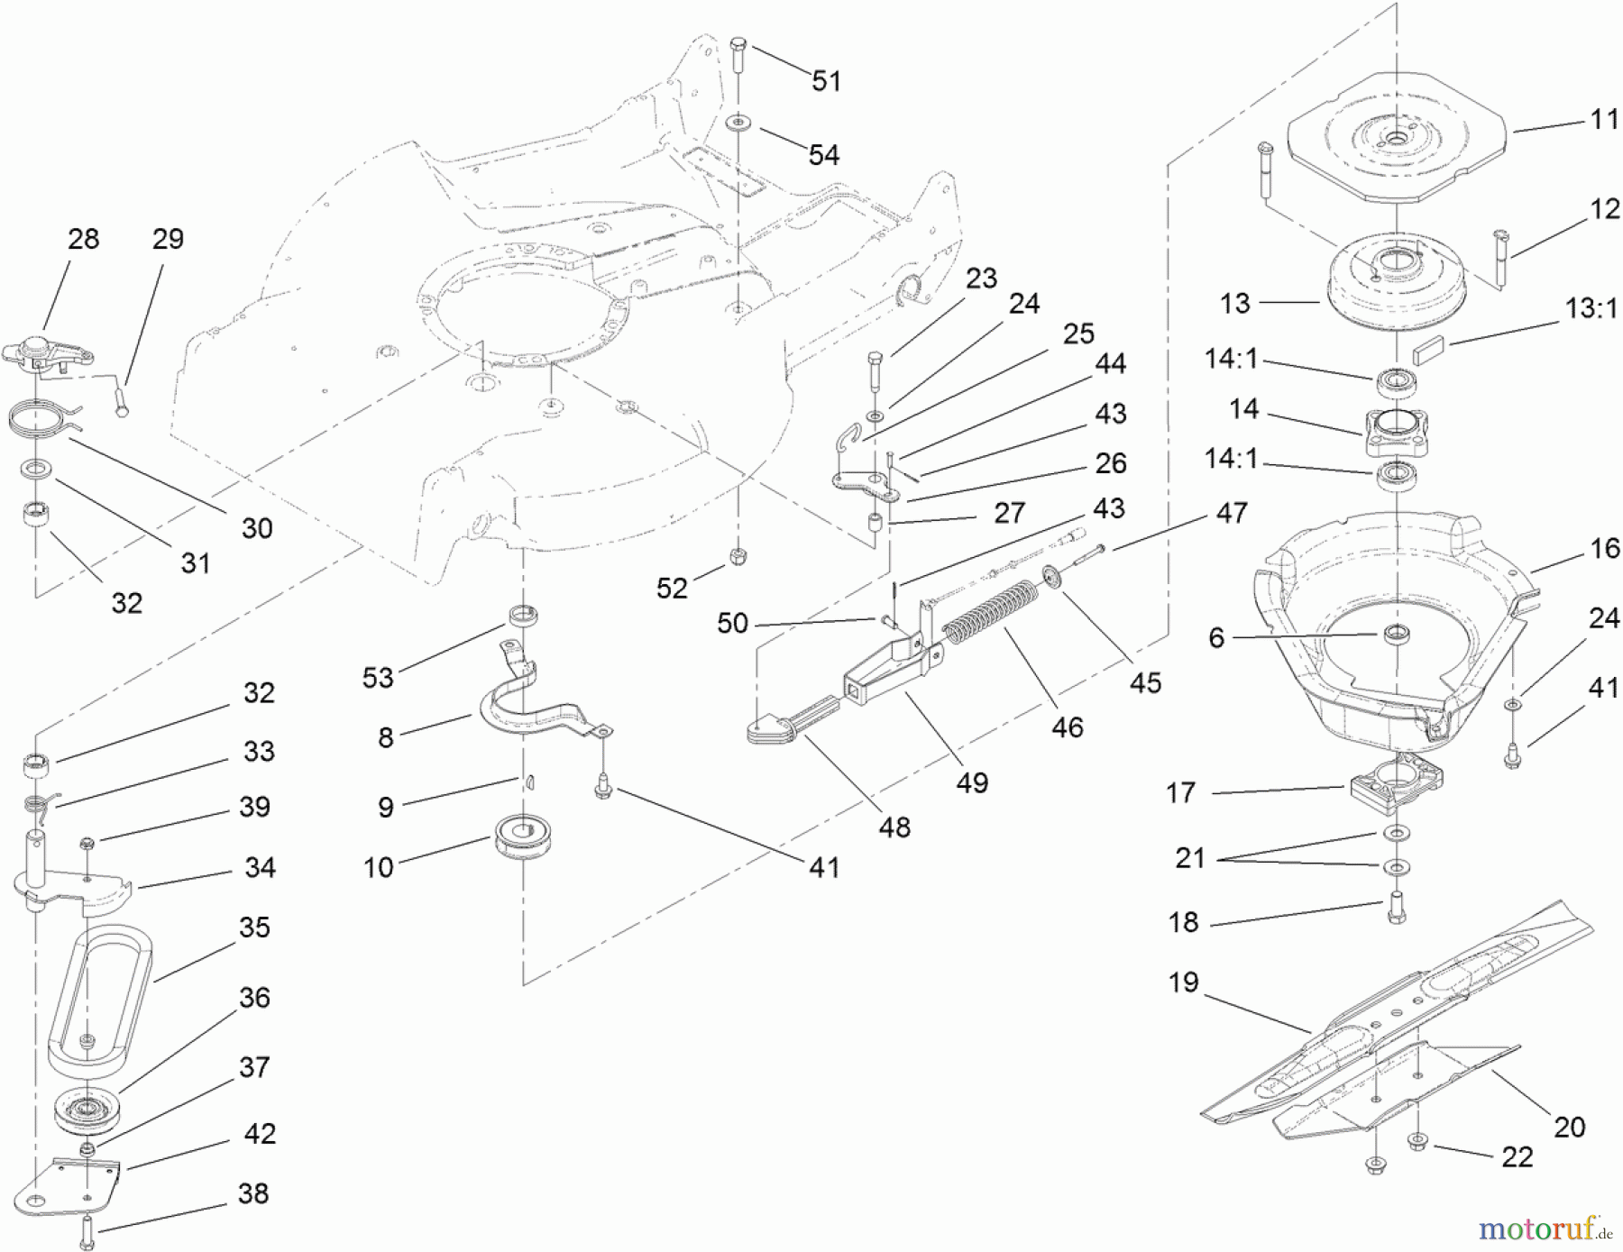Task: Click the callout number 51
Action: click(x=826, y=81)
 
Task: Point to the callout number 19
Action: click(x=1183, y=982)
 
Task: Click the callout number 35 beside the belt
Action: click(x=254, y=927)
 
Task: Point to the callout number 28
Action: click(x=83, y=239)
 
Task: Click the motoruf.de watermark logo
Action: click(x=1544, y=1228)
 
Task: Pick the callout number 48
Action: click(x=894, y=827)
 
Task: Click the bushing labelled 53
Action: click(x=525, y=617)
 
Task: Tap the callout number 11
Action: click(x=1605, y=119)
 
